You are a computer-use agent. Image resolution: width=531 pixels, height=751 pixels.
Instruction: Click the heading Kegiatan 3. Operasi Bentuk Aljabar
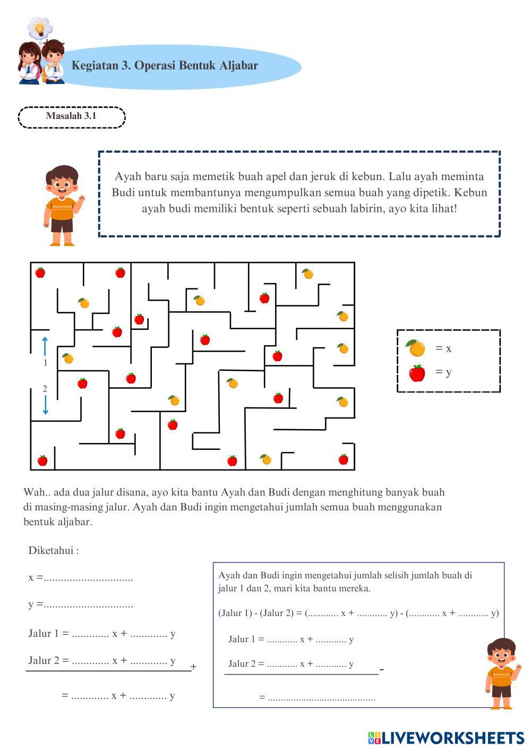coord(165,66)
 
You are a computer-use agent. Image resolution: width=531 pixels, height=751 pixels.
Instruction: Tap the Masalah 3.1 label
coord(71,116)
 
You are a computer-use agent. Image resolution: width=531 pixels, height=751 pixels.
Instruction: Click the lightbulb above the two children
coord(38,27)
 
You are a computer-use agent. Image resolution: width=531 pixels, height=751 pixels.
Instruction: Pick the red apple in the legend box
coord(417,373)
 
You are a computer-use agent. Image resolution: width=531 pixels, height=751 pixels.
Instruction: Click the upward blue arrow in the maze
coord(45,346)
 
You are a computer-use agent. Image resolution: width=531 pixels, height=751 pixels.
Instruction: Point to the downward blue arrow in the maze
coord(45,405)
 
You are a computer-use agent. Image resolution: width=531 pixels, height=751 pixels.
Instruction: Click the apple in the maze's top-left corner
coord(40,272)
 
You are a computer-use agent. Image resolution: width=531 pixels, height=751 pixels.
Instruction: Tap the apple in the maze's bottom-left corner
coord(42,460)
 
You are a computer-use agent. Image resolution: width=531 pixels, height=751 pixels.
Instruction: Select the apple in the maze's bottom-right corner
coord(344,459)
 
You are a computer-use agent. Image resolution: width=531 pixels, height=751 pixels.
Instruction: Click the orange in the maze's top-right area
coord(308,274)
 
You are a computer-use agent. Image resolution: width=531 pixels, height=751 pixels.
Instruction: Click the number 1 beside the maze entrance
coord(45,363)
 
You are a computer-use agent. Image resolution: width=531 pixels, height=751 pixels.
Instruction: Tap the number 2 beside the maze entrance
coord(45,389)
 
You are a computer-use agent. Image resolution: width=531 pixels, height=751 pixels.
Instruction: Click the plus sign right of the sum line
coord(194,667)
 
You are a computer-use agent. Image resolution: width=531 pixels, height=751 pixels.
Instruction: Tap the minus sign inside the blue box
coord(382,670)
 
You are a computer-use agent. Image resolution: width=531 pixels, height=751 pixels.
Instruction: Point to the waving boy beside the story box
coord(63,205)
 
